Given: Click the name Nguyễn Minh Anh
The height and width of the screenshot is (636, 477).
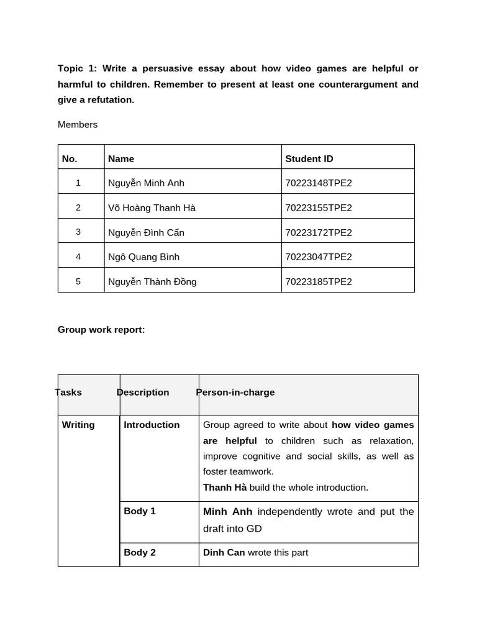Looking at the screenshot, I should coord(146,183).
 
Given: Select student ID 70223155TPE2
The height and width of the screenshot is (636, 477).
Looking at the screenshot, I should coord(318,207).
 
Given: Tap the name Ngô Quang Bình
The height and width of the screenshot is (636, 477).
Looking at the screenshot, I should coord(143,257).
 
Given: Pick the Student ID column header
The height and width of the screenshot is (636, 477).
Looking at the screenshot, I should coord(309,158).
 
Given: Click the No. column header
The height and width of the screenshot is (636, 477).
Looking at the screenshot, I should coord(70,158).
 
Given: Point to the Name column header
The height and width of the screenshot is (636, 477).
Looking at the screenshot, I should coord(121,158).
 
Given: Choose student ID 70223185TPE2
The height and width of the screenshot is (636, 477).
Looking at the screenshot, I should coord(318,281).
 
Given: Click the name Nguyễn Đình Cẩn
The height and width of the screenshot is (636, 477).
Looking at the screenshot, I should coord(146,232).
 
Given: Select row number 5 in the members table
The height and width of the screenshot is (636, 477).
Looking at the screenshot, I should coord(78,281).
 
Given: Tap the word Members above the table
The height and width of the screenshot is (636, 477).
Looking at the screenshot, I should coord(78,124).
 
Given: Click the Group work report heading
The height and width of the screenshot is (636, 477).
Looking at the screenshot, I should coord(101,329).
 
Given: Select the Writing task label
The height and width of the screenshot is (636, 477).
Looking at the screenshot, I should coord(78,425).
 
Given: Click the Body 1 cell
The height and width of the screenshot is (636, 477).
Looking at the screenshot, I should coord(140,511).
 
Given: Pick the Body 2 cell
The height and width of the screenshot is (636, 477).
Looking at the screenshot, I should coord(140,552).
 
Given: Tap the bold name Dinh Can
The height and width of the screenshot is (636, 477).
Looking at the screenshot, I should coord(224,552).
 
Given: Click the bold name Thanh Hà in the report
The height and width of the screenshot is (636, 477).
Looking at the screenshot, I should coord(225,488).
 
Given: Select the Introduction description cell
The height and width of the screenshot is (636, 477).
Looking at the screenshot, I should coord(152,425).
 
